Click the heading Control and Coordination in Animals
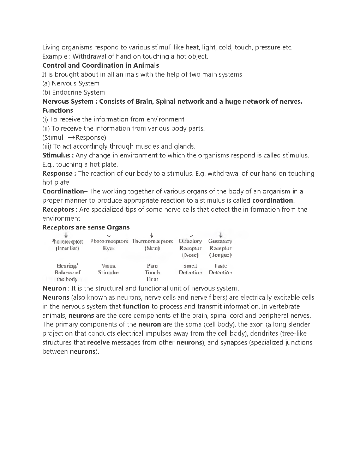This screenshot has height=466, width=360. coord(101,65)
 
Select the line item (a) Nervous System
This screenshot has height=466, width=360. coord(71,83)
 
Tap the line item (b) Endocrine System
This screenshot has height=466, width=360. coord(73,92)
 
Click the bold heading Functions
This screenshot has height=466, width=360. coord(58,110)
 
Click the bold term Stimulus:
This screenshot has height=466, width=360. coord(58,155)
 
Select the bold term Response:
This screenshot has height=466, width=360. coord(59,173)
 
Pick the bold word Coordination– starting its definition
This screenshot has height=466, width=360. coord(65,191)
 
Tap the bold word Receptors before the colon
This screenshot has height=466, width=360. coord(58,209)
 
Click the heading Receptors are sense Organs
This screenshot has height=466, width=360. coord(86,227)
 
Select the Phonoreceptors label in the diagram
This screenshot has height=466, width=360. coord(67,241)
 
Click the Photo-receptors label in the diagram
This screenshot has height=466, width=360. coord(109,241)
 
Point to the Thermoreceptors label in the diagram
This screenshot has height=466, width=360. coord(152,241)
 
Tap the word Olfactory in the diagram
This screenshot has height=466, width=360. coord(190,241)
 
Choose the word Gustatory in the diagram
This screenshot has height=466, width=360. coord(220,241)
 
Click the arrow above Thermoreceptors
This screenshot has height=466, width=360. coord(152,235)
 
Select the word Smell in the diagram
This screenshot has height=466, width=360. coord(190,266)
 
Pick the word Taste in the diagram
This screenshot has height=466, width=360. coord(220,266)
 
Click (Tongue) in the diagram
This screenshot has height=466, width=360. coord(220,255)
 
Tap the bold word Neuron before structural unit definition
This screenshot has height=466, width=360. coord(54,288)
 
